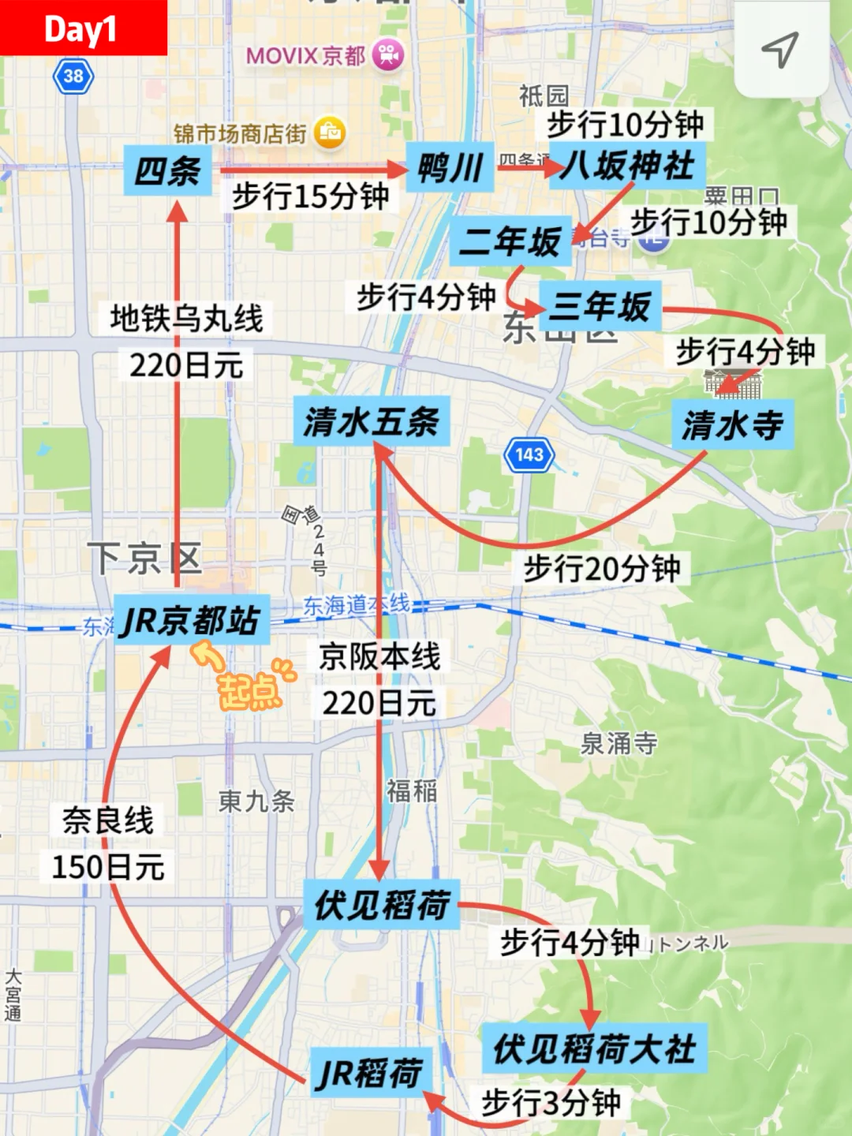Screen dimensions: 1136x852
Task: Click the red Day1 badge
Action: coord(82,28)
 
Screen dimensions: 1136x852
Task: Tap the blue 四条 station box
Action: coord(167,170)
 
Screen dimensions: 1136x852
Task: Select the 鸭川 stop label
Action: coord(450,167)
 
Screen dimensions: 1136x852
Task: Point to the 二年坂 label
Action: coord(510,241)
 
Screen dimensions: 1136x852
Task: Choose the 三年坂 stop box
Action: coord(600,306)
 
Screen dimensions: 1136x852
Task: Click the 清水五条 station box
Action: coord(372,421)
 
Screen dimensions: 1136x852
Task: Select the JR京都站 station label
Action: coord(192,620)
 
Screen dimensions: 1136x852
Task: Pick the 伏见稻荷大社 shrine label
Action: coord(595,1048)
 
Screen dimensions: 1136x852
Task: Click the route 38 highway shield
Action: coord(73,77)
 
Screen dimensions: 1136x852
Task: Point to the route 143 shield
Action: coord(529,454)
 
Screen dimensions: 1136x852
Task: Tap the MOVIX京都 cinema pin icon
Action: coord(387,55)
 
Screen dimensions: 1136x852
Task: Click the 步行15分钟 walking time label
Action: coord(311,196)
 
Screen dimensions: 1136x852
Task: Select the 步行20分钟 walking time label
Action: coord(603,568)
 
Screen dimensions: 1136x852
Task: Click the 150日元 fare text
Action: coord(108,867)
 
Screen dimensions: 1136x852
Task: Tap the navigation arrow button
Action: coord(780,49)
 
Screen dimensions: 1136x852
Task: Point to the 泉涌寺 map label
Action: coord(619,743)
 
